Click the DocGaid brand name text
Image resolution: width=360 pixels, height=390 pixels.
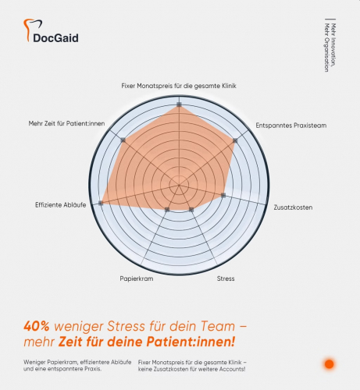pos(57,37)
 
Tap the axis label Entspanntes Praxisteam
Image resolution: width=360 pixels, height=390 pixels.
pos(287,125)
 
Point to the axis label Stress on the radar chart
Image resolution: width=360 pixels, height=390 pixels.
pos(225,278)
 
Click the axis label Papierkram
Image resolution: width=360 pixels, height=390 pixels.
pos(136,278)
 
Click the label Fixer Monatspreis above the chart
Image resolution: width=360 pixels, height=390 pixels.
pos(179,85)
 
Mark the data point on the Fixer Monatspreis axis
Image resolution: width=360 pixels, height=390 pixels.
pos(180,104)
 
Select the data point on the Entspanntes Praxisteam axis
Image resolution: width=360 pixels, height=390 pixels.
pos(235,140)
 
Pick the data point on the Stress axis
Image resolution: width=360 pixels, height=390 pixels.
pos(191,210)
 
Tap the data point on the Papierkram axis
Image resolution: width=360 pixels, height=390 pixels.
pos(167,210)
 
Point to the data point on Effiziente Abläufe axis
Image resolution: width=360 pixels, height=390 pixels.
pos(102,203)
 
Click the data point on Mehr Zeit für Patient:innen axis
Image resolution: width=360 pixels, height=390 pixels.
pos(123,140)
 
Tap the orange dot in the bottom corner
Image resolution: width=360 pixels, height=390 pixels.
pos(329,363)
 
